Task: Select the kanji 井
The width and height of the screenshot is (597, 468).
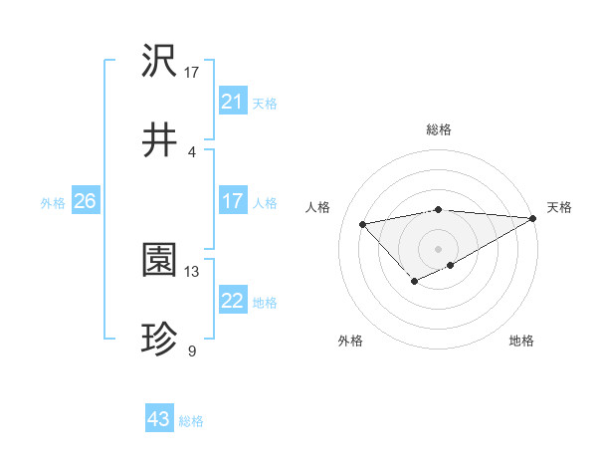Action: click(x=159, y=141)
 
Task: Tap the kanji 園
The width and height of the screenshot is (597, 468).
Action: click(x=159, y=261)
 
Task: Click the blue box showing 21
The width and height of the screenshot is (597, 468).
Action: click(x=232, y=102)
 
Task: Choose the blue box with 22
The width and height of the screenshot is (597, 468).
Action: click(x=232, y=301)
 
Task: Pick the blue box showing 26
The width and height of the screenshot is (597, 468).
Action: click(x=85, y=201)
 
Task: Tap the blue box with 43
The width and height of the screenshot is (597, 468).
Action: click(x=159, y=419)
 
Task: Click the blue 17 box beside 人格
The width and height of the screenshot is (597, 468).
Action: click(x=232, y=201)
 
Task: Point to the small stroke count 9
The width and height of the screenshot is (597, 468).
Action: click(x=191, y=351)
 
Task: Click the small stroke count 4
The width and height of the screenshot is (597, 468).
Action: click(x=191, y=151)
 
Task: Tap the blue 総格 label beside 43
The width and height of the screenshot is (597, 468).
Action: click(x=191, y=421)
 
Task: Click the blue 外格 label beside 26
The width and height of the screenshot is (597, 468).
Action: click(x=53, y=203)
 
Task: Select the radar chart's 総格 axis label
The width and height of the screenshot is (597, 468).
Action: click(x=438, y=129)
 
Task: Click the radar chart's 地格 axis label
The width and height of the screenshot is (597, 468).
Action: click(x=521, y=341)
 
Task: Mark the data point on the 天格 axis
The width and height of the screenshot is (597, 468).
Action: click(x=533, y=218)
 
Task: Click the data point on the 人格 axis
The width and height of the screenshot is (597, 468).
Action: click(x=363, y=223)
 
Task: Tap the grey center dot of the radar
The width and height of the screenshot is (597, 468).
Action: click(x=438, y=248)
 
